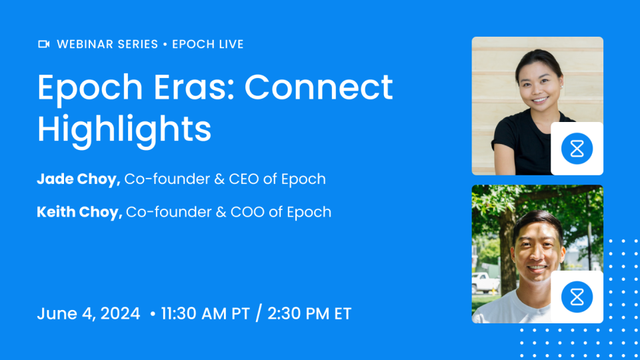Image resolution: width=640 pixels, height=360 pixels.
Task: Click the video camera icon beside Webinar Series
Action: point(44,45)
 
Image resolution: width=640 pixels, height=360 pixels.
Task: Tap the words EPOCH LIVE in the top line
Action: point(208,45)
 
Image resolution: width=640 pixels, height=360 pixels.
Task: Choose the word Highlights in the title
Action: point(124,129)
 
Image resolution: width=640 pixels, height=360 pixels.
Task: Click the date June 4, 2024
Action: point(89,313)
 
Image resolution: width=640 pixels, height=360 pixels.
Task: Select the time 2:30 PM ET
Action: point(309,313)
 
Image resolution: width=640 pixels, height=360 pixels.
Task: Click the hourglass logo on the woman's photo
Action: point(577,149)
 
